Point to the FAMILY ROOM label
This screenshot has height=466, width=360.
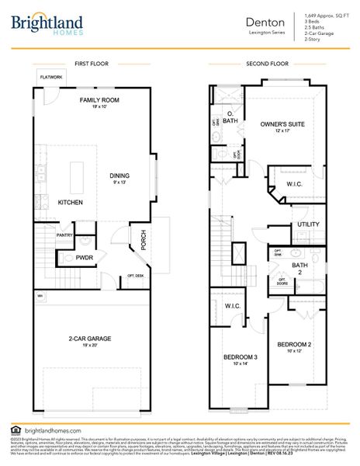99,101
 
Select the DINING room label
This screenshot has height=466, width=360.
119,175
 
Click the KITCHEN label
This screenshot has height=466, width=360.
70,202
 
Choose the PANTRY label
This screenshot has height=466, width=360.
64,235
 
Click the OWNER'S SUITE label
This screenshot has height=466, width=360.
282,123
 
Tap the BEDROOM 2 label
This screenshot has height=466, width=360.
295,344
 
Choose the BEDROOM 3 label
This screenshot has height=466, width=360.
240,356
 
